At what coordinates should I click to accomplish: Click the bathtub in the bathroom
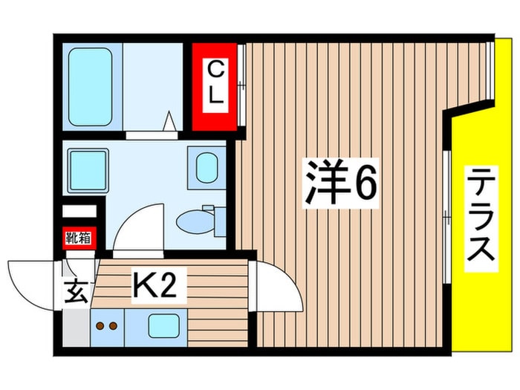pyautogui.click(x=90, y=88)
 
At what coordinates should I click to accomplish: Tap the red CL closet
pyautogui.click(x=215, y=87)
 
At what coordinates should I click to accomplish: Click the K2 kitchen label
pyautogui.click(x=157, y=285)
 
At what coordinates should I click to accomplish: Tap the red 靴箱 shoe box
pyautogui.click(x=77, y=238)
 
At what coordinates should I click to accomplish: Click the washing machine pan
pyautogui.click(x=88, y=169)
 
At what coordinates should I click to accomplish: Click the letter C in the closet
pyautogui.click(x=215, y=70)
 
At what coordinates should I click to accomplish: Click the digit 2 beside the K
pyautogui.click(x=169, y=285)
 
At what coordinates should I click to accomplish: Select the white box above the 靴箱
pyautogui.click(x=79, y=210)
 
